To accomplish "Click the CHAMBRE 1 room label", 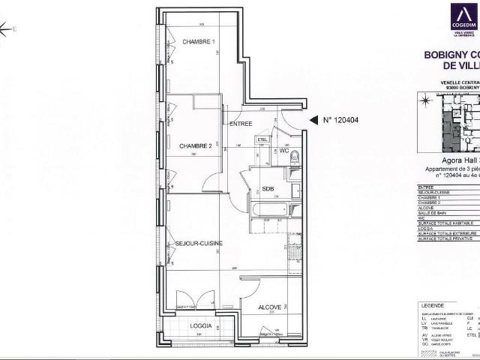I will pos(199,41).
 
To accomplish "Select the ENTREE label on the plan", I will pos(241,124).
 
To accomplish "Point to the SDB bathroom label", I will pos(267,189).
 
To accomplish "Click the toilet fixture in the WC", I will pos(294,158).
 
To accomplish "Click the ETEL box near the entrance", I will pos(263,139).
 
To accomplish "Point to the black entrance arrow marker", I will pos(313,119).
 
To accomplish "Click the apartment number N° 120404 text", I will pos(342,119).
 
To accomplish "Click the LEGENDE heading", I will pos(433,306).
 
